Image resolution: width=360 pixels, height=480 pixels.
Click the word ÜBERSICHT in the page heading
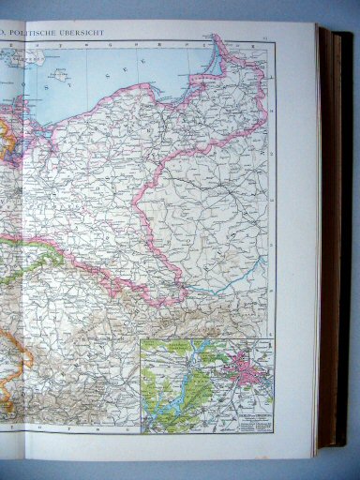tap(82, 34)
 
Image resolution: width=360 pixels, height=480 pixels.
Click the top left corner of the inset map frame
tap(141, 339)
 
